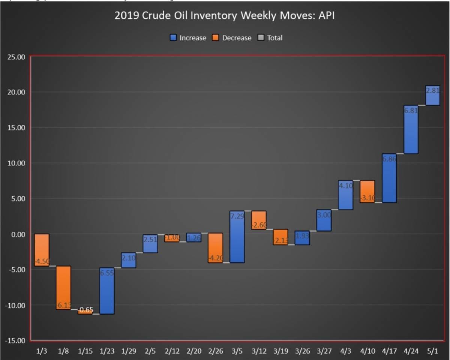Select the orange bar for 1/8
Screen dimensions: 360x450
click(x=63, y=288)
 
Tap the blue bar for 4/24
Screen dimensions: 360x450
click(x=411, y=130)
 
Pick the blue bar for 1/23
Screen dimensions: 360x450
click(x=107, y=291)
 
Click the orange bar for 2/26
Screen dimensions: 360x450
click(x=216, y=248)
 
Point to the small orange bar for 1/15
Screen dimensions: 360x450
click(x=85, y=312)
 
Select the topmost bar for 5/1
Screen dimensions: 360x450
click(x=432, y=95)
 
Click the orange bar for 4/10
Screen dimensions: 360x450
click(x=367, y=191)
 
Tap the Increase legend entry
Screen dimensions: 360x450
click(x=188, y=38)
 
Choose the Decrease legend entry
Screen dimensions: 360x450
click(x=232, y=38)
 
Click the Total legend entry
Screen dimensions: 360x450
click(x=270, y=38)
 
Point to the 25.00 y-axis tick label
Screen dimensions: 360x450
click(x=16, y=57)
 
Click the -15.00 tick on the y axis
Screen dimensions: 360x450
click(x=15, y=341)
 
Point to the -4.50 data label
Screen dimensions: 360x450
click(x=42, y=262)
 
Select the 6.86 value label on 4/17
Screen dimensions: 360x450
click(x=388, y=159)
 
